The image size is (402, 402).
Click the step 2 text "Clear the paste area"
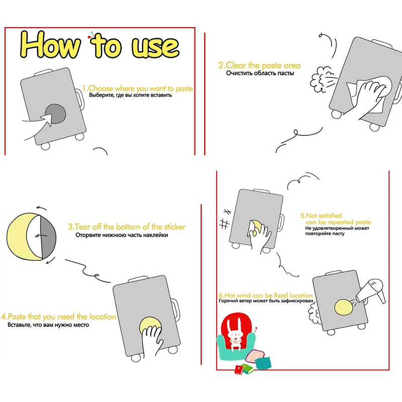tap(259, 65)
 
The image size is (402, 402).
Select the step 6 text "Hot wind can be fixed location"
tap(266, 295)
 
